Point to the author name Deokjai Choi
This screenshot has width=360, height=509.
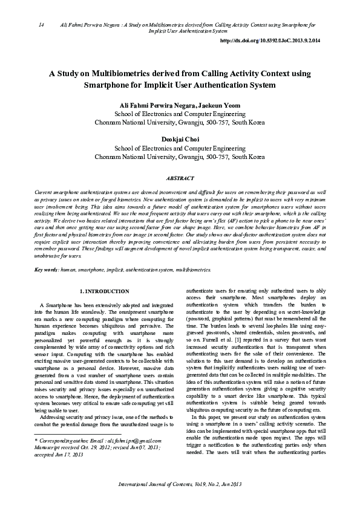[x=180, y=138]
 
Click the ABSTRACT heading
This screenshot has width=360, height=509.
[x=180, y=178]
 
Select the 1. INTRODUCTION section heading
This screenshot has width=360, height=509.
[x=105, y=274]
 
